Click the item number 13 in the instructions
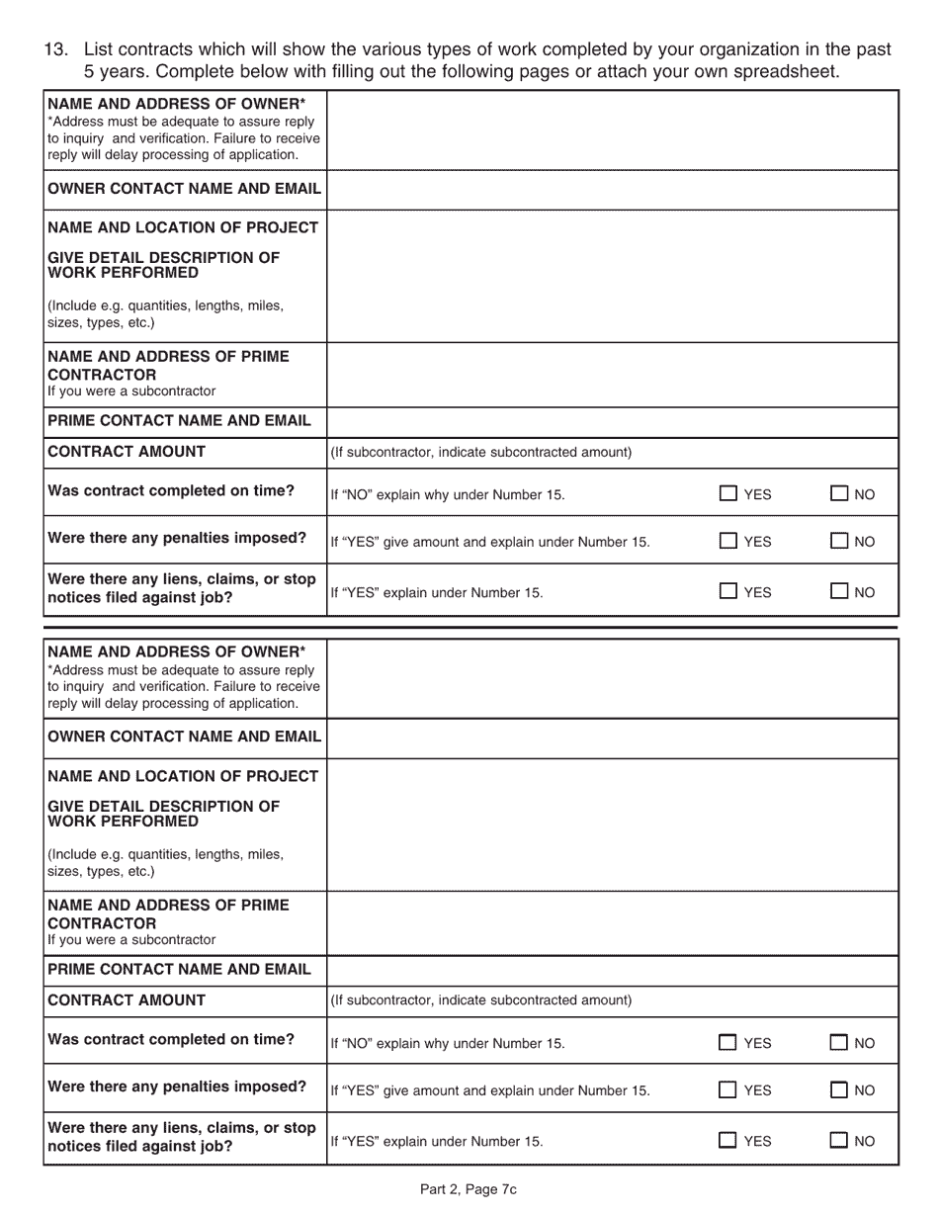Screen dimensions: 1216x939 (56, 49)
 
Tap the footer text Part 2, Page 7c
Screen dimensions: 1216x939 (469, 1189)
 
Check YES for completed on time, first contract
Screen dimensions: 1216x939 (728, 494)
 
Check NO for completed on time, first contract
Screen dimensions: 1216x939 (839, 494)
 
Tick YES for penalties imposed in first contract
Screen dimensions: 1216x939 (728, 541)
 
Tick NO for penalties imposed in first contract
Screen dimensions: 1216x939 (839, 541)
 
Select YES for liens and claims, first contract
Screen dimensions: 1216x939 (728, 592)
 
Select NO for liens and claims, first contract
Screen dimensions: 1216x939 (839, 592)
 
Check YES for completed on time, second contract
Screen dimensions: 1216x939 (728, 1042)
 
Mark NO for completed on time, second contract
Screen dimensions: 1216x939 (839, 1042)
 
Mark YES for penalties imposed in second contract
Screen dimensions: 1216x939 (728, 1090)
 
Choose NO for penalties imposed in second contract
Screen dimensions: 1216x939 (839, 1090)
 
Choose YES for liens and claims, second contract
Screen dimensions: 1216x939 (728, 1141)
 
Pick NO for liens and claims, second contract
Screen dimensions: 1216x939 (839, 1141)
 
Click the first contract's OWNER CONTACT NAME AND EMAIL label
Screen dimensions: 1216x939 (184, 189)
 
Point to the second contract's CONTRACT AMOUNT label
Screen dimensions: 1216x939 (127, 999)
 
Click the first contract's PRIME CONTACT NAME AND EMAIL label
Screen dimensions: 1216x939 (179, 420)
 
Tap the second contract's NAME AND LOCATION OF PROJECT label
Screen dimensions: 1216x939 (183, 776)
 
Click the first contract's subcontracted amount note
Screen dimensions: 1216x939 (480, 452)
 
